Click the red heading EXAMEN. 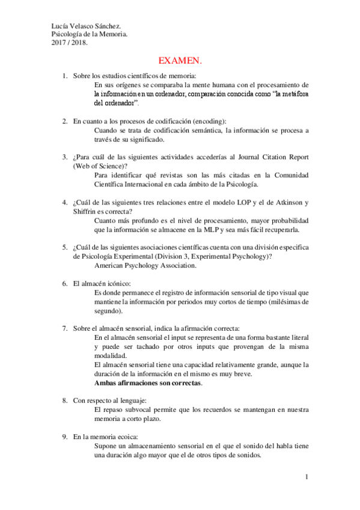point(180,61)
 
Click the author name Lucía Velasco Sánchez point(87,26)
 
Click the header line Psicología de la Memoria point(88,34)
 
